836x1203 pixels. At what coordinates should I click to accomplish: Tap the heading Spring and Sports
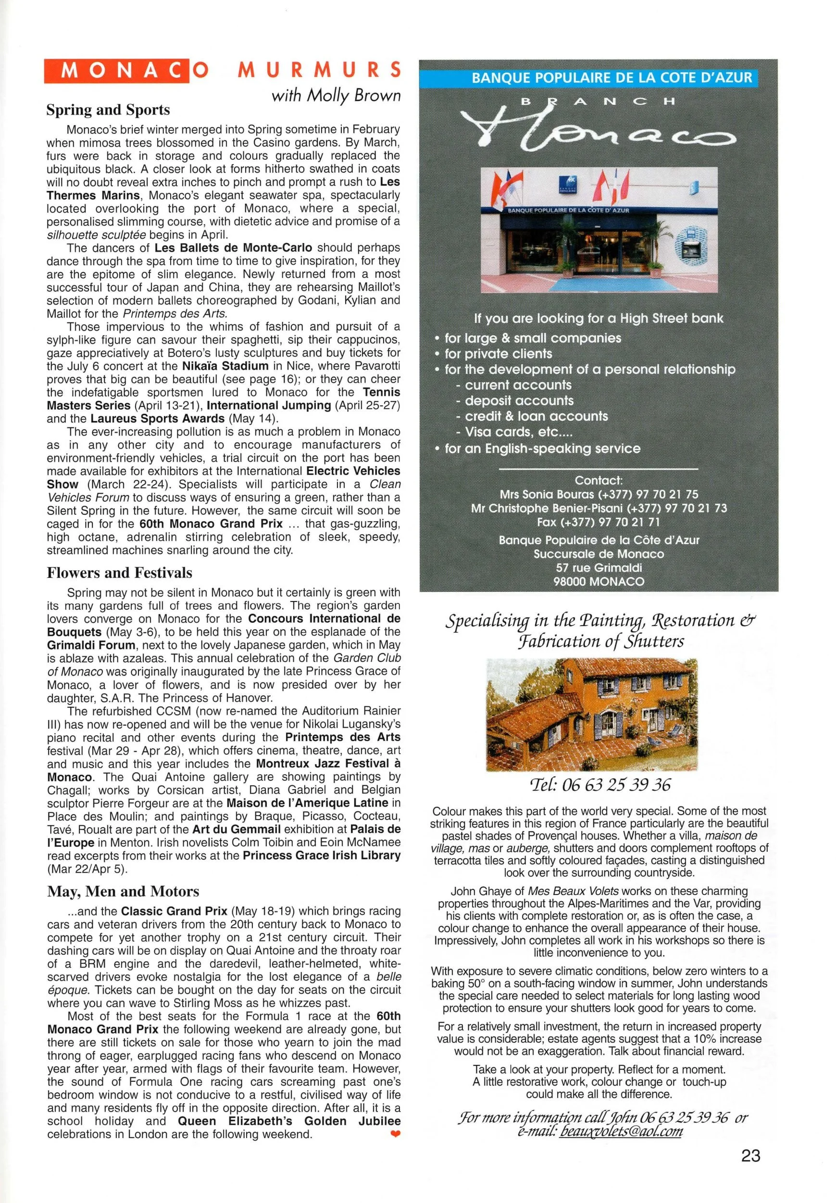tap(108, 110)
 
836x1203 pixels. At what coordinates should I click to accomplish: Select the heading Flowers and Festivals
tap(119, 573)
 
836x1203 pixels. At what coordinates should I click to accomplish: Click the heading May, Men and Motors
tap(123, 891)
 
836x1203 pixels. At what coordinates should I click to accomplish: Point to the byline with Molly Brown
tap(336, 95)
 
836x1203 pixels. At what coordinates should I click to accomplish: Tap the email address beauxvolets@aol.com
tap(620, 1131)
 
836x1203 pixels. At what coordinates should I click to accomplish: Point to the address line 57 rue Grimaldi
tap(599, 567)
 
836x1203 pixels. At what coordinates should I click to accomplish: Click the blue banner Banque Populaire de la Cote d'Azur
tap(611, 78)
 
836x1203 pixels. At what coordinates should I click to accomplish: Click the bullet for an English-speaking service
tap(542, 448)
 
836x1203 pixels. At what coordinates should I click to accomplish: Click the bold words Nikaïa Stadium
tap(225, 366)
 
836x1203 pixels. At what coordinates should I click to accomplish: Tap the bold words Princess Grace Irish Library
tap(322, 856)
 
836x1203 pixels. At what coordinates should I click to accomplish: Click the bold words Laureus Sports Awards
tap(158, 419)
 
